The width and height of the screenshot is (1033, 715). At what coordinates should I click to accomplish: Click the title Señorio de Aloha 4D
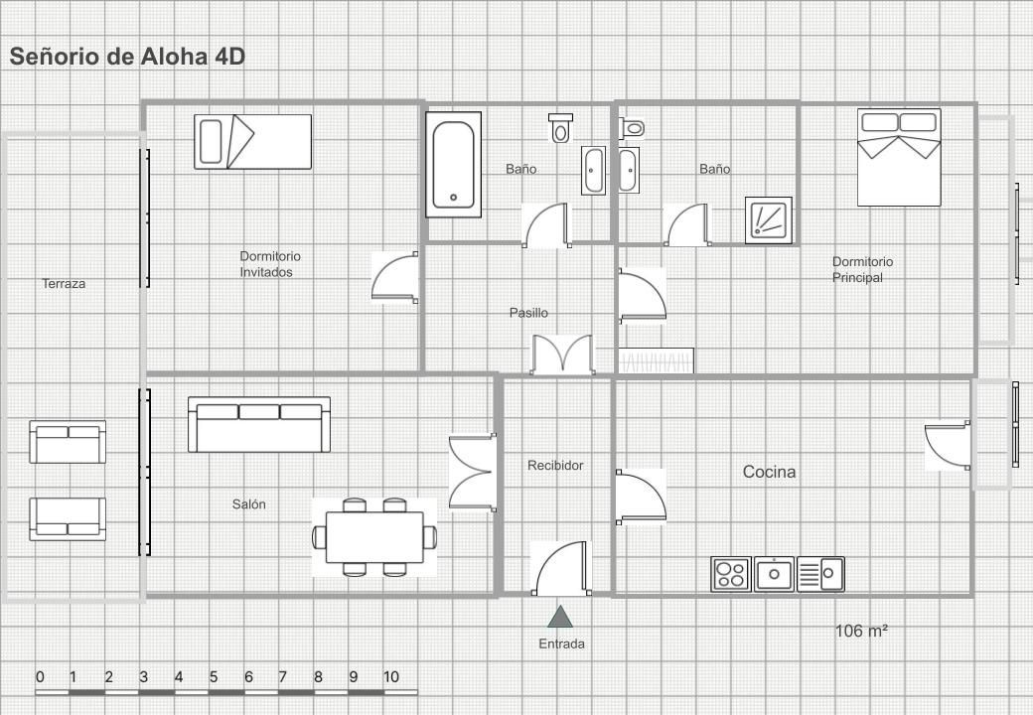[127, 57]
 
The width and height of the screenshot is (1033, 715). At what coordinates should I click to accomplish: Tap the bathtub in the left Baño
[453, 165]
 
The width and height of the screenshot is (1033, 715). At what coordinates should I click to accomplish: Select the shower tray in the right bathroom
[768, 219]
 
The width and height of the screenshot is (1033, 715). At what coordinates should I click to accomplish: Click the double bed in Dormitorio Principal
[899, 157]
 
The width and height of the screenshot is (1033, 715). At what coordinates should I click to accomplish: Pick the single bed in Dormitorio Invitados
[253, 142]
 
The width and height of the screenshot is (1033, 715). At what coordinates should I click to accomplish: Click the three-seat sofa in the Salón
[259, 425]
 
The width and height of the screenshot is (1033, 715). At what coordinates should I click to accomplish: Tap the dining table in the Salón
[374, 537]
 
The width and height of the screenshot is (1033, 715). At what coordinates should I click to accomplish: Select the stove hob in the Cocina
[731, 573]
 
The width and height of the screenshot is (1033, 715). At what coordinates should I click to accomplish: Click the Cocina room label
[769, 472]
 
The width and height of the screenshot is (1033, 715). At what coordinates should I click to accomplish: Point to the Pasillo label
[528, 313]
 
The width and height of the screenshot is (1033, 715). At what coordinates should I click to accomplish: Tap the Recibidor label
[555, 466]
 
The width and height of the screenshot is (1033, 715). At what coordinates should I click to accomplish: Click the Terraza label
[64, 284]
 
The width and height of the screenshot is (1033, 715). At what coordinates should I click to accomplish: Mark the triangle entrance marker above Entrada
[560, 617]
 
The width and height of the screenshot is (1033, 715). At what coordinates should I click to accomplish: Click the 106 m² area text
[861, 631]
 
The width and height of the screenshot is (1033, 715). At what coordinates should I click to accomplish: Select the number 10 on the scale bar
[390, 677]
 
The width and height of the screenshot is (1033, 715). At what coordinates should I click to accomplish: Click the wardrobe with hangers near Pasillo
[656, 360]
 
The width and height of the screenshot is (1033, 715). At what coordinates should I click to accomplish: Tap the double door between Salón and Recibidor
[473, 472]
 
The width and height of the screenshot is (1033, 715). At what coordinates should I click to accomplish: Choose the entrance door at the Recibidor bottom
[560, 568]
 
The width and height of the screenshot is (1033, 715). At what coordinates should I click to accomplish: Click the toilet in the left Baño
[560, 127]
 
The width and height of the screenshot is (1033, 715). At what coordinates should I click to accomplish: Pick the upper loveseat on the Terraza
[68, 442]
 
